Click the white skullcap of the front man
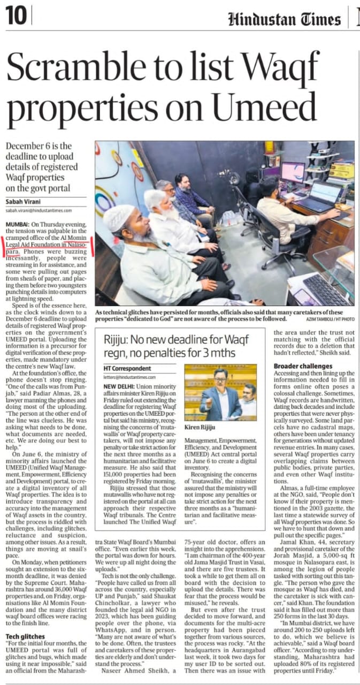[119, 216]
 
